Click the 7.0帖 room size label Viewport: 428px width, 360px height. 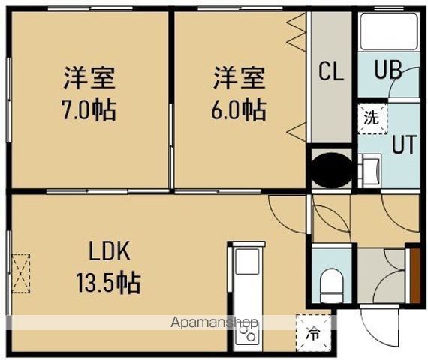[89, 111]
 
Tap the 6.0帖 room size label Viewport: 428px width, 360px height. [238, 111]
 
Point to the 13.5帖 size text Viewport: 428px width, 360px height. [107, 283]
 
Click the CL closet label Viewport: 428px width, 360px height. [331, 73]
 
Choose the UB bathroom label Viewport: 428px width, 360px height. [388, 73]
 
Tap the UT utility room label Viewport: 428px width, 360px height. [402, 144]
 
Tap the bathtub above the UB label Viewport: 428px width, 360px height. [389, 33]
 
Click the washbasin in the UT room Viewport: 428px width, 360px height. [369, 172]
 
